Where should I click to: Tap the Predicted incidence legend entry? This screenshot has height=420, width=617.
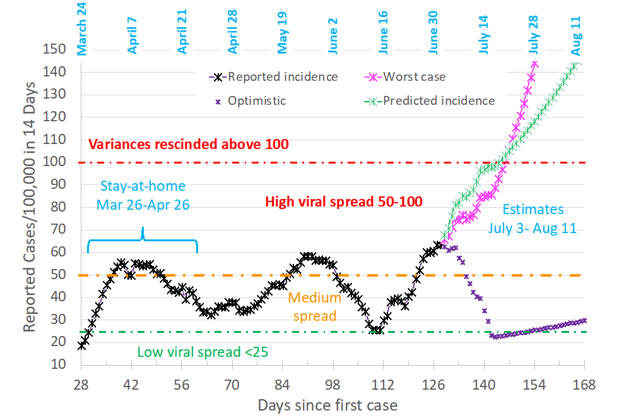click(x=438, y=100)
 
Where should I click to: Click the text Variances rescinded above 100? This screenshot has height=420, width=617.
click(x=189, y=144)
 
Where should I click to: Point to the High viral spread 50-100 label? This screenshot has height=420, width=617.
click(x=344, y=202)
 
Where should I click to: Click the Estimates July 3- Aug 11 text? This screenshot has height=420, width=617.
click(x=532, y=219)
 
